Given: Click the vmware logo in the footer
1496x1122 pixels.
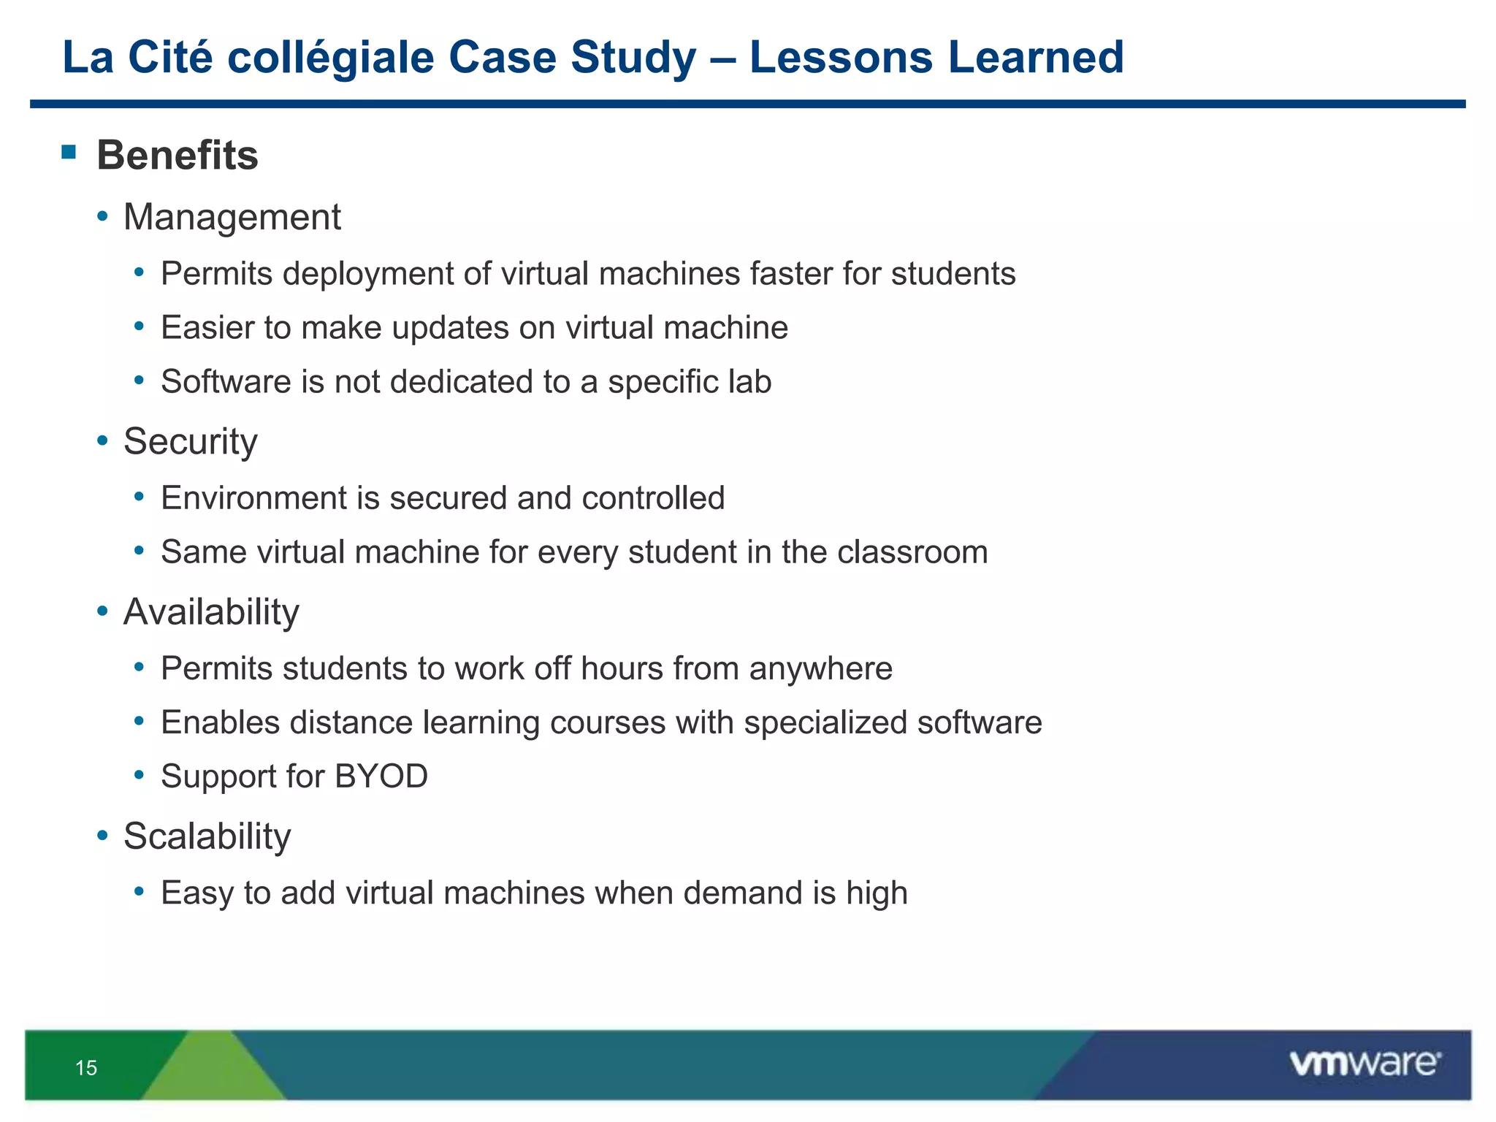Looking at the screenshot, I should (1365, 1064).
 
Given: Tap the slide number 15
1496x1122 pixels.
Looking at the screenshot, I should (86, 1068).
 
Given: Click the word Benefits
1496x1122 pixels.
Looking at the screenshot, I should (178, 155).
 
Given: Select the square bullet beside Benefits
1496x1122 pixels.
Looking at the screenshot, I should (69, 152).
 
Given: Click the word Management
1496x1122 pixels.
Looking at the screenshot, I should (232, 217).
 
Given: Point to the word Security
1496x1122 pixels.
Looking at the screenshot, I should (191, 441).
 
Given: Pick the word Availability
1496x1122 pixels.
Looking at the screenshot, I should (211, 612).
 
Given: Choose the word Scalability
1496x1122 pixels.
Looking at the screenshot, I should (207, 836).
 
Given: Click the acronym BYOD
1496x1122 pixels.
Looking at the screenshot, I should (381, 776).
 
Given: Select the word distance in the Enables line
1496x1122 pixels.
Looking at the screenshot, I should (351, 722).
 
